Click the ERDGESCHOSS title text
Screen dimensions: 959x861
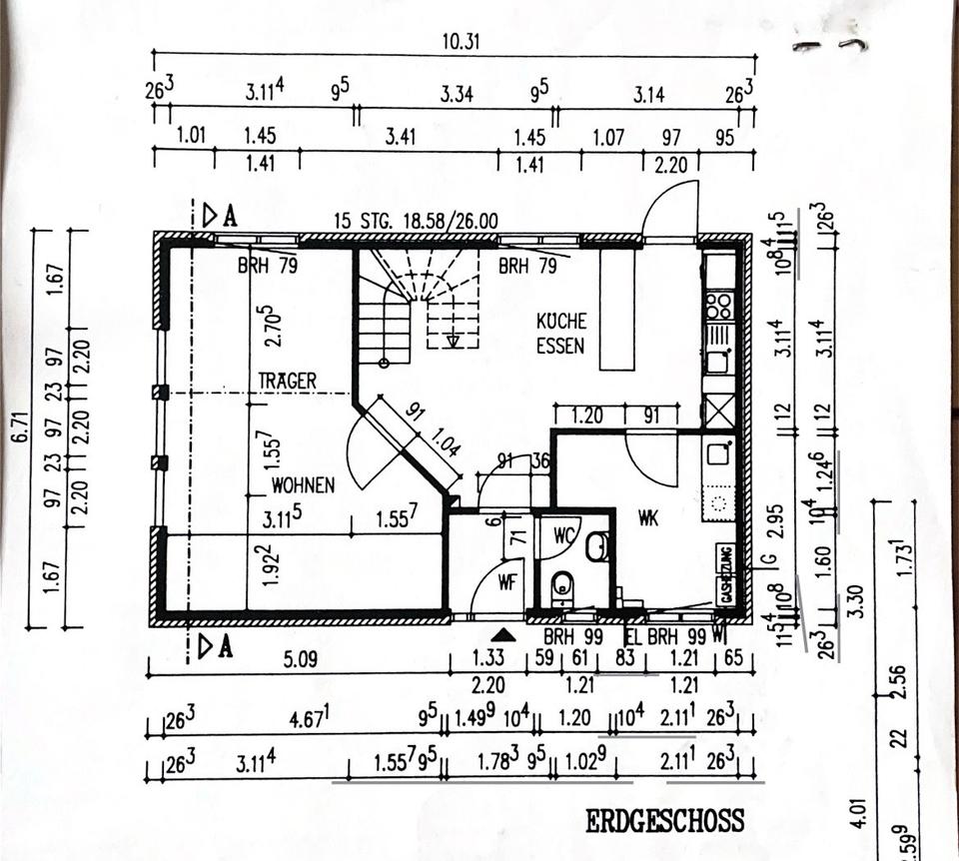(664, 821)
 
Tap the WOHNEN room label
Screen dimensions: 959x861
(303, 485)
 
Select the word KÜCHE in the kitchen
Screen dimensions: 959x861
(561, 322)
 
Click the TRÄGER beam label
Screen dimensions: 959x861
(288, 381)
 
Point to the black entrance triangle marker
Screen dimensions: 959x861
(503, 633)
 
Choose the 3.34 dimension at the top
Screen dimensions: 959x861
(456, 95)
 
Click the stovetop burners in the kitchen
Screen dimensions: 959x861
(718, 305)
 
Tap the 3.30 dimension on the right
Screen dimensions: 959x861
(855, 606)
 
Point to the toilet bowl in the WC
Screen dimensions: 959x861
(562, 585)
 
